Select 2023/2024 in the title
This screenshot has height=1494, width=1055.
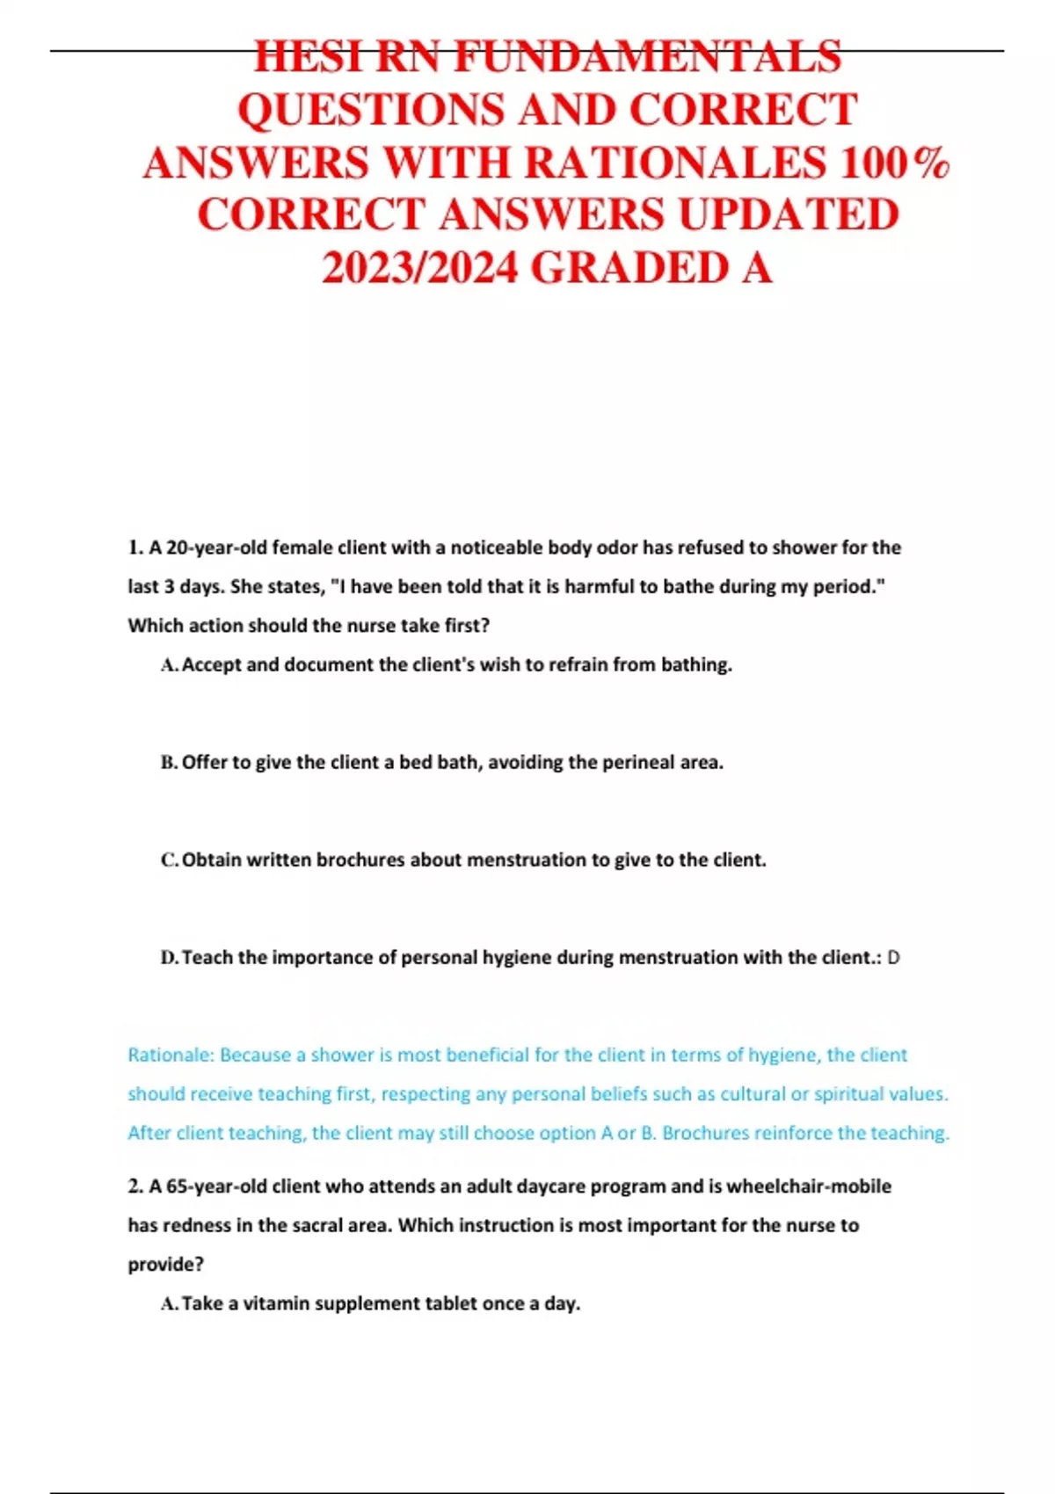(419, 268)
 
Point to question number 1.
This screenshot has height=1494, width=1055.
(135, 548)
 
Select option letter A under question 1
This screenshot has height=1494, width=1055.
(169, 665)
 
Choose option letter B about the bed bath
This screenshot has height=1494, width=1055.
(169, 763)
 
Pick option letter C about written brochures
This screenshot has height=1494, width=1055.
(169, 860)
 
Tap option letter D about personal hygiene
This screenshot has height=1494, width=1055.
(169, 958)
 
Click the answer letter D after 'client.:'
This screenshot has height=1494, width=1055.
(893, 958)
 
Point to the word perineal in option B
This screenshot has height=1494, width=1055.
(638, 763)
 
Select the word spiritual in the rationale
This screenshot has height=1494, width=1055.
(850, 1094)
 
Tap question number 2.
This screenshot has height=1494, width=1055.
(135, 1186)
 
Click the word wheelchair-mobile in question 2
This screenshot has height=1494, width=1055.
(808, 1186)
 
